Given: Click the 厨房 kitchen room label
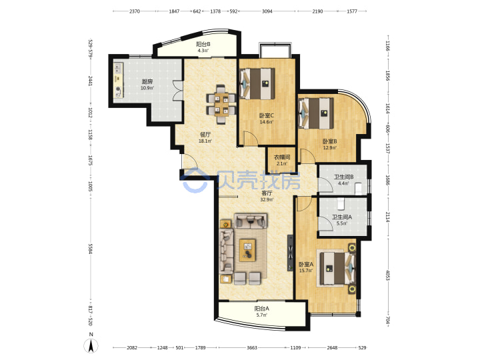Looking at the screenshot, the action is pos(147,82).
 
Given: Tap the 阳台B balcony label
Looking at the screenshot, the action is pos(203,44).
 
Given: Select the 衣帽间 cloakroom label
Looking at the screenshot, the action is pos(282,157).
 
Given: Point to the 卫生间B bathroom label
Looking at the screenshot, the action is pos(344,177).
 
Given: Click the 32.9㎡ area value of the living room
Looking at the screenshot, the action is pos(267,199).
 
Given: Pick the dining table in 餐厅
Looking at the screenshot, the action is pos(221,105).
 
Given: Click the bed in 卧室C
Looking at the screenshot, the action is pos(257,83).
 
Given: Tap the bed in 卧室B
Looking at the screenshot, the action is pos(316,113).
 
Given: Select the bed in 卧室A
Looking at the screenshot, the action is pos(336,268).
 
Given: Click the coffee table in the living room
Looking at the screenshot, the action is pos(247,250).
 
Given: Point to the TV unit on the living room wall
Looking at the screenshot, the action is pos(290,253).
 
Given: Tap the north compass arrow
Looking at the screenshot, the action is pos(91,346).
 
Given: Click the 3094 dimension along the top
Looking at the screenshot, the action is pos(267,11).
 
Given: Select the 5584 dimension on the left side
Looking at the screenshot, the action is pos(90,249).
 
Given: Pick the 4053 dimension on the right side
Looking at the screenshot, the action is pos(387,275).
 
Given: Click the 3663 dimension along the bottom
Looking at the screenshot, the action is pos(252,347).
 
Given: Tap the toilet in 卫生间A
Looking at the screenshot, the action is pos(341,203).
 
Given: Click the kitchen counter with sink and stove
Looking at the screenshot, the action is pos(119,81).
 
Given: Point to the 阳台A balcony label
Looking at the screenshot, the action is pos(262,309).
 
